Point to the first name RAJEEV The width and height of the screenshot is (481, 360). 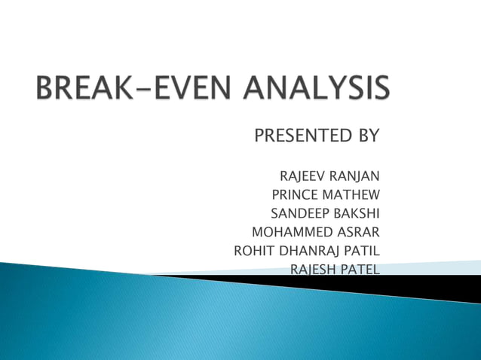click(299, 176)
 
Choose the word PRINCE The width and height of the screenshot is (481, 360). click(293, 194)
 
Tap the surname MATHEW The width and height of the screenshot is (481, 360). click(351, 194)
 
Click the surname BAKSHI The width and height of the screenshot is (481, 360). click(355, 212)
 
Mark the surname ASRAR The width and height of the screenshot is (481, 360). click(355, 230)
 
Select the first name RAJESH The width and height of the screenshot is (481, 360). click(311, 267)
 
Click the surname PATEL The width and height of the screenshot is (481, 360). click(358, 267)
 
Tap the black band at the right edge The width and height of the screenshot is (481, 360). click(452, 287)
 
